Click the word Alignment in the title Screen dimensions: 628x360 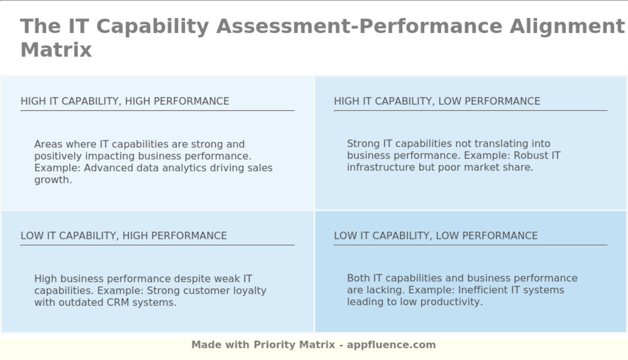tap(567, 27)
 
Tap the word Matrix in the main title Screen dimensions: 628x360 tap(56, 50)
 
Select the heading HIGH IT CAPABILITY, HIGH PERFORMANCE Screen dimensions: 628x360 tap(125, 101)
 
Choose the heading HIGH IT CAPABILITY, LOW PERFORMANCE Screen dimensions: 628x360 tap(437, 101)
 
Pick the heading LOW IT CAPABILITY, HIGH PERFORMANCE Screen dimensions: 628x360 tap(124, 236)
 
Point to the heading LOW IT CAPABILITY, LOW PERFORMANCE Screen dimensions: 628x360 tap(436, 236)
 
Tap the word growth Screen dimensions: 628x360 tap(53, 180)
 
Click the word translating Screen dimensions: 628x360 tap(493, 144)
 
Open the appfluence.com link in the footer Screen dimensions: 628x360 tap(391, 345)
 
